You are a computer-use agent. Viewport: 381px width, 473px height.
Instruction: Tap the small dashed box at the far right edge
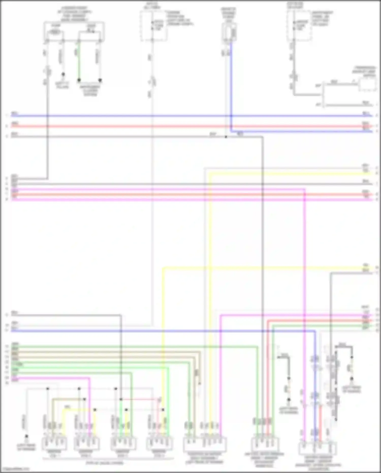(367, 85)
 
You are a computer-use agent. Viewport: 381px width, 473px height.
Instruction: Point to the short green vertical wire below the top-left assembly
(79, 61)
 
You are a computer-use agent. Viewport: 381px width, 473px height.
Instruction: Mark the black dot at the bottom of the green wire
(79, 80)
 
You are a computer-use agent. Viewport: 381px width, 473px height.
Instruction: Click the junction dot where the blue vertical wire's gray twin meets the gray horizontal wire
(226, 137)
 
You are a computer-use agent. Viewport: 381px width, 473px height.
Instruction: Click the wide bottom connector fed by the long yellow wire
(205, 444)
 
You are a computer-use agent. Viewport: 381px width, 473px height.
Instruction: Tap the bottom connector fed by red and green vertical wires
(264, 444)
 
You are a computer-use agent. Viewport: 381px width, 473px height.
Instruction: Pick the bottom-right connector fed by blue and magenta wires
(317, 449)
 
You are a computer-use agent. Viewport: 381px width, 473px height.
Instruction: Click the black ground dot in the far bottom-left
(26, 436)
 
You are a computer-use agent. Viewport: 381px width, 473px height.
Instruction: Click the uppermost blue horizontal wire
(178, 116)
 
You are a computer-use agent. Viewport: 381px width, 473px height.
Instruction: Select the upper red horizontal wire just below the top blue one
(178, 126)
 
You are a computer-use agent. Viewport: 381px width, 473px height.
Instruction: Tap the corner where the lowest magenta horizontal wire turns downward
(90, 378)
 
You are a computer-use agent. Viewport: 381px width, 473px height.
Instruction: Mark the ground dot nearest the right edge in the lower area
(352, 379)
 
